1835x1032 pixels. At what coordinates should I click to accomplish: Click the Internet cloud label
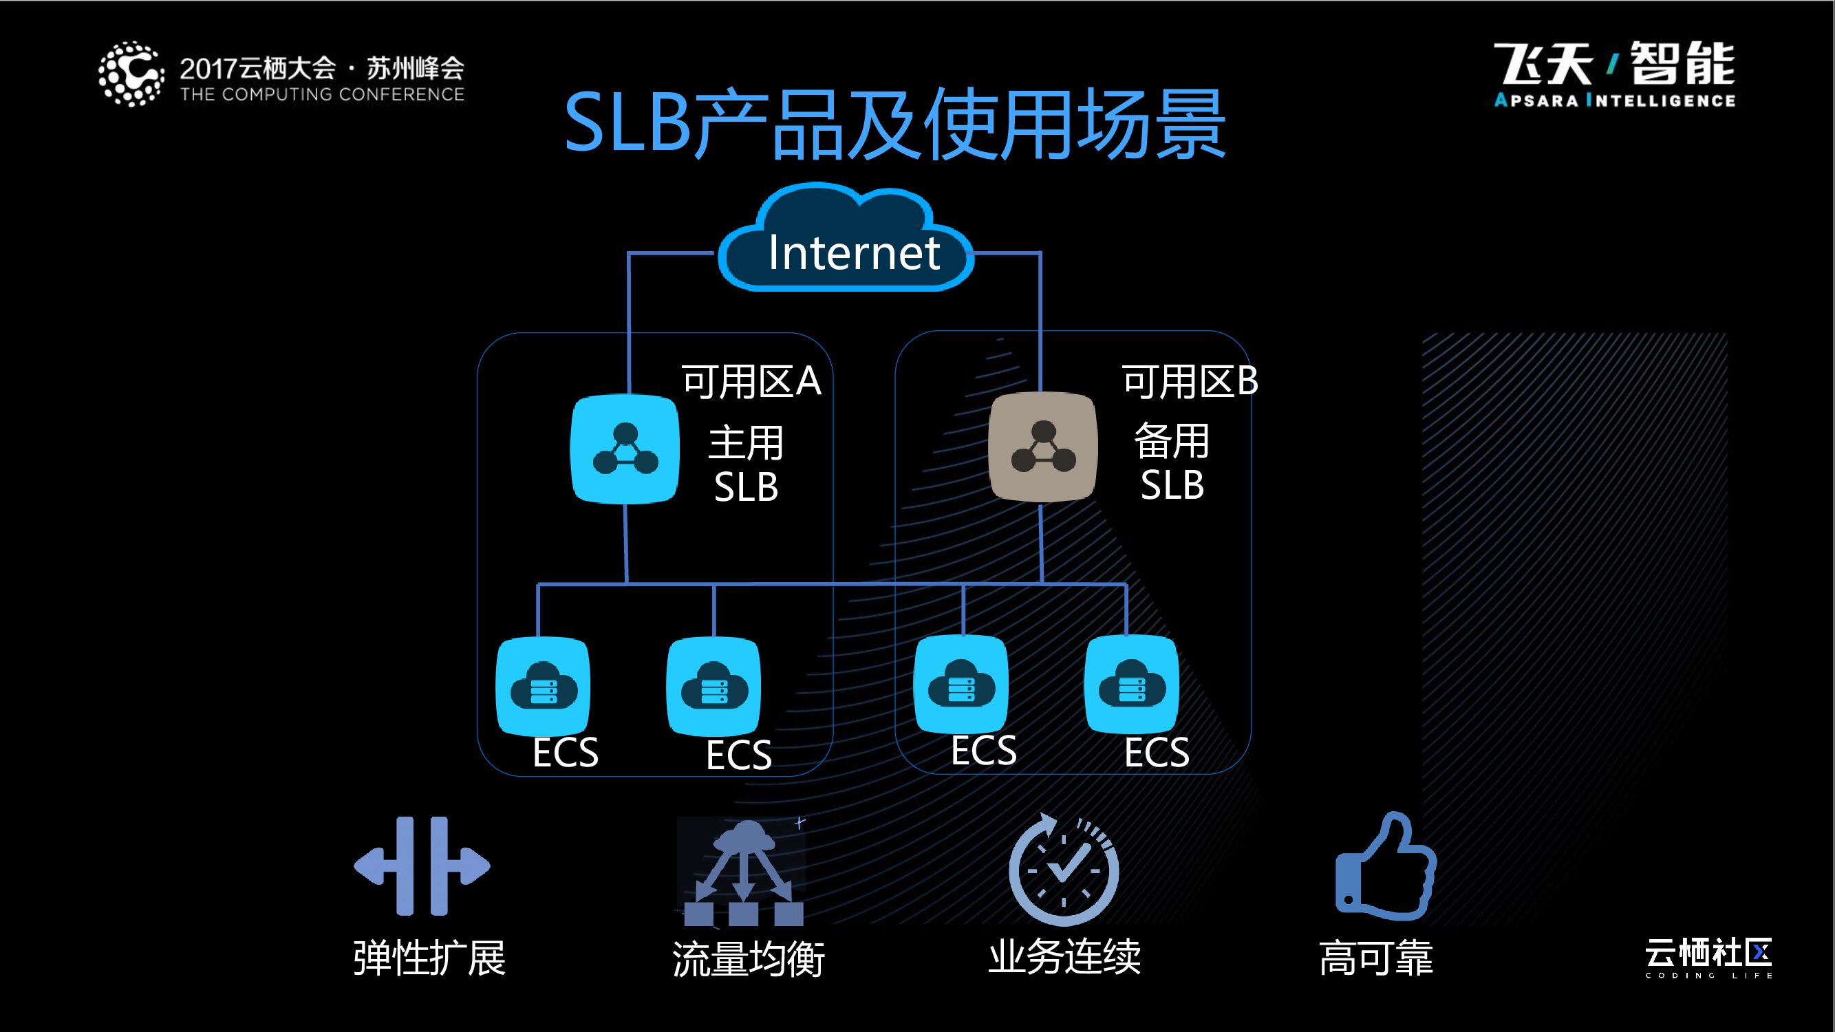pyautogui.click(x=852, y=252)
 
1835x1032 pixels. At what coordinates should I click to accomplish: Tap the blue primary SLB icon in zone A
pyautogui.click(x=625, y=449)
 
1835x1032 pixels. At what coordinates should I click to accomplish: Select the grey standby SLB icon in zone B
pyautogui.click(x=1043, y=447)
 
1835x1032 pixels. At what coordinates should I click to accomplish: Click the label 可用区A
pyautogui.click(x=751, y=381)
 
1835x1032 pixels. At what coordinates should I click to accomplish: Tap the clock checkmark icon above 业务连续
pyautogui.click(x=1064, y=869)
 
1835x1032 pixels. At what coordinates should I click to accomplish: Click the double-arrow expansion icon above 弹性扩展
pyautogui.click(x=422, y=866)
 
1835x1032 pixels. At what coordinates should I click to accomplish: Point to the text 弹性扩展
pyautogui.click(x=429, y=958)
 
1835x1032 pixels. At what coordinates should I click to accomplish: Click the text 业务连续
pyautogui.click(x=1064, y=956)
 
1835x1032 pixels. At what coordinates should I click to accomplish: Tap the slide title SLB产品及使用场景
pyautogui.click(x=894, y=125)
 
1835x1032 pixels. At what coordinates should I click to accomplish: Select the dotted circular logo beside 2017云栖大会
pyautogui.click(x=131, y=74)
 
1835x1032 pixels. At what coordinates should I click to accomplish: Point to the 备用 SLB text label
pyautogui.click(x=1171, y=462)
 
